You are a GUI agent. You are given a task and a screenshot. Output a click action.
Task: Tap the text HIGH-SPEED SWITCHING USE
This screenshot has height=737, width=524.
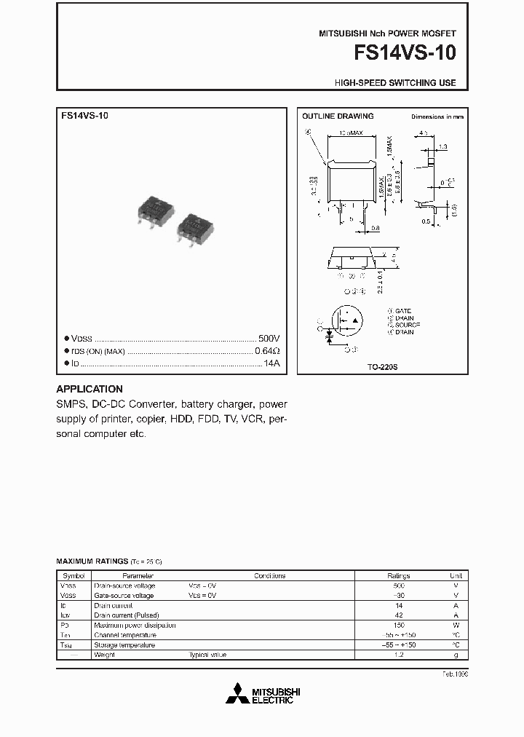coord(395,83)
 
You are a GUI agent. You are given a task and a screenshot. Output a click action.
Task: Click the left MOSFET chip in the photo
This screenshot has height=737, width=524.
coord(156,208)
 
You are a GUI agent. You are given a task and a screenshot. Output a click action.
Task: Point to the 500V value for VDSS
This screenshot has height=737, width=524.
coord(269,339)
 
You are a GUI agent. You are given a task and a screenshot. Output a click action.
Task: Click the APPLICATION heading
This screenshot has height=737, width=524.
coord(90,389)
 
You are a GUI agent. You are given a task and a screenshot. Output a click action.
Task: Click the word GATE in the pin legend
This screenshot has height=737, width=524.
coord(403,311)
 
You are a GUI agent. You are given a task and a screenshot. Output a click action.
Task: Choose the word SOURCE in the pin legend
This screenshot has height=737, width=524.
coord(407,325)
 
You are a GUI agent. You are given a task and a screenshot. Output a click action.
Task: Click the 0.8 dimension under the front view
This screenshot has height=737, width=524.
coord(375,228)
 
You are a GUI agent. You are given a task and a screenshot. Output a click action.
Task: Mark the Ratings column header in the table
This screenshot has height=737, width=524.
coord(398,575)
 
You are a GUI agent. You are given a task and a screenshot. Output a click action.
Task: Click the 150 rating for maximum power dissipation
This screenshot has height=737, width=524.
coord(398,625)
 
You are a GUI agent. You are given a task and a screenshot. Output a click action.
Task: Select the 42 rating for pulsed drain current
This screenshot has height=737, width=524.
coord(398,615)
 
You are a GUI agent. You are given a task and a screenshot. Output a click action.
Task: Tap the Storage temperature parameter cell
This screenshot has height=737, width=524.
coord(124,645)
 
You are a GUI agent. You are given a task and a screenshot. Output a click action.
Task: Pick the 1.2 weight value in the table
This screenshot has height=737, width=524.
coord(398,655)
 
